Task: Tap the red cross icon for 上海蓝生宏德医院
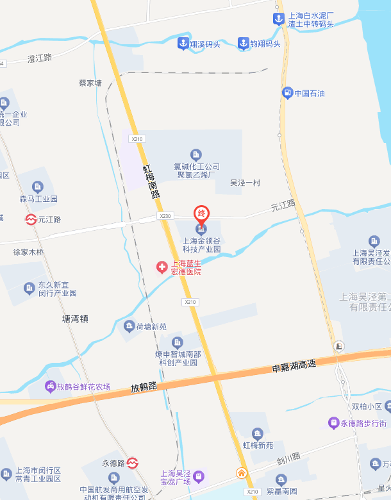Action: click(x=163, y=267)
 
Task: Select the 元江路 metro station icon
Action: click(x=31, y=219)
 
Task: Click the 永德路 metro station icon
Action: click(x=133, y=462)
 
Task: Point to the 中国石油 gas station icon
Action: click(x=287, y=93)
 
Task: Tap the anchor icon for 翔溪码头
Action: click(x=183, y=44)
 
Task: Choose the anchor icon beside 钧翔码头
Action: click(x=243, y=44)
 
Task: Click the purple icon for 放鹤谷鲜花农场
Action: click(x=50, y=387)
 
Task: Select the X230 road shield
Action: click(x=166, y=217)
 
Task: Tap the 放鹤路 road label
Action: click(x=144, y=387)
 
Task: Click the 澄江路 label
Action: click(x=40, y=58)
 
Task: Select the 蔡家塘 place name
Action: click(x=90, y=83)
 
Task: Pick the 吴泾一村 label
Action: click(x=245, y=183)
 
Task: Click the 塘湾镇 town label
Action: click(x=75, y=318)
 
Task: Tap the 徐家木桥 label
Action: click(x=29, y=252)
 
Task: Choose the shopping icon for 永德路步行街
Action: click(x=333, y=423)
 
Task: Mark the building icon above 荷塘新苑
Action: click(x=129, y=327)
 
